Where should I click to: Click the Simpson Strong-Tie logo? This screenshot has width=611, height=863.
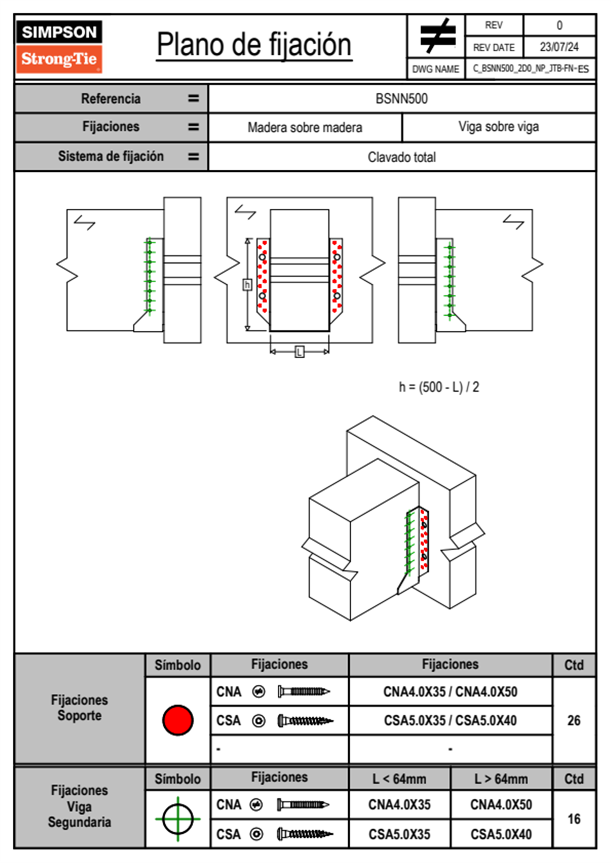pos(59,47)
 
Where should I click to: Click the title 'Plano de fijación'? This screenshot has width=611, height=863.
pos(254,45)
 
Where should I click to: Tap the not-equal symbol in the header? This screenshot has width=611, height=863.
pos(437,36)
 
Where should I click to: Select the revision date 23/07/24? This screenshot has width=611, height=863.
pos(559,47)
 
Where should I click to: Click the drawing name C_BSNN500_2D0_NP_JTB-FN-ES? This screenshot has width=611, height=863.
pos(530,69)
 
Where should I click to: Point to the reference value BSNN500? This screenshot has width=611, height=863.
pos(402,99)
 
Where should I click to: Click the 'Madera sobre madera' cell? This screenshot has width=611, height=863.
pos(305,128)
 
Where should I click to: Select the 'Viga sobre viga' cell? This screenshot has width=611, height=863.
pos(499,127)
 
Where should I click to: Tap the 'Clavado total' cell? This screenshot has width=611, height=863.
pos(402,157)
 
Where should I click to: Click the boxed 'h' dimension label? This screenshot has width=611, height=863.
pos(247,284)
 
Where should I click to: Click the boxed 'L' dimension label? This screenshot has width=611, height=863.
pos(299,352)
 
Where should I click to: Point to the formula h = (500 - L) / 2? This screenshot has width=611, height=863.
pos(439,387)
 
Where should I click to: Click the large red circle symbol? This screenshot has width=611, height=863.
pos(178,720)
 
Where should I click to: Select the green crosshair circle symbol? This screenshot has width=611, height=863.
pos(178,819)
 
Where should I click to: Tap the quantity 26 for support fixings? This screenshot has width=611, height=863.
pos(574,720)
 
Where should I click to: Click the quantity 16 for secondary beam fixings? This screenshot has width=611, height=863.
pos(574,819)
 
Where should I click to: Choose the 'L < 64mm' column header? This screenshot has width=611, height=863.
pos(399,779)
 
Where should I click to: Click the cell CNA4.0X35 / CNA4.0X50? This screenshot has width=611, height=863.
pos(450,692)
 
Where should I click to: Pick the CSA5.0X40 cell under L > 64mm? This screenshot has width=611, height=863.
pos(501,834)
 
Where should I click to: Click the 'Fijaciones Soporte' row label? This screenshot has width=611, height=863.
pos(80,708)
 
